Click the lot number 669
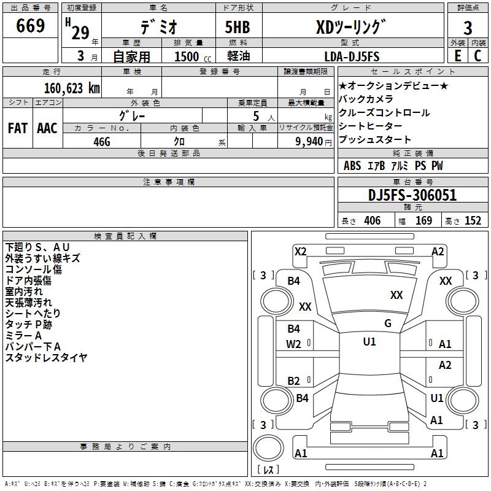[31, 26]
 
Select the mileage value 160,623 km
[72, 88]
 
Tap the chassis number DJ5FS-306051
[412, 196]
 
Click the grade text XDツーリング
[351, 27]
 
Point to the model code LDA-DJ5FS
[352, 56]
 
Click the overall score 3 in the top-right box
[468, 28]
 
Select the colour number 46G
[101, 141]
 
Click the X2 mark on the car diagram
[300, 251]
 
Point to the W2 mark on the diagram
[294, 344]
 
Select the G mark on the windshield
[387, 323]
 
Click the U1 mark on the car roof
[369, 342]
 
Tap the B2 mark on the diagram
[294, 381]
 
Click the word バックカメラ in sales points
[366, 99]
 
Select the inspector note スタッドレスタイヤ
[46, 357]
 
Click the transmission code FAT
[17, 128]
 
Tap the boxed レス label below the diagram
[268, 470]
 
